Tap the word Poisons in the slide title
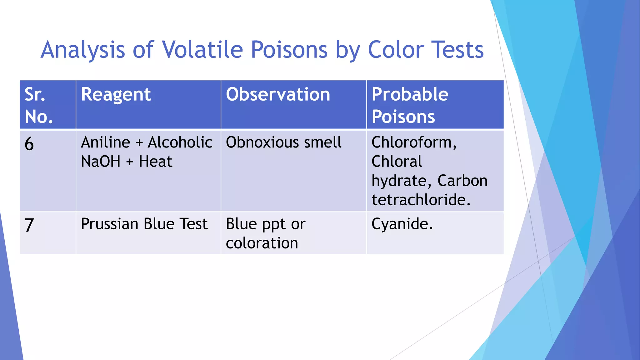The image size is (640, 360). click(289, 50)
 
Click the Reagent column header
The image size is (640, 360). click(116, 94)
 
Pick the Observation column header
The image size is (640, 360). click(278, 94)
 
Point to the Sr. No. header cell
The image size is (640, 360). click(39, 105)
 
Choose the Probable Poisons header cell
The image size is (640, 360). click(410, 105)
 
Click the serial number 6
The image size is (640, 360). click(29, 144)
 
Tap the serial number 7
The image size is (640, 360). click(29, 225)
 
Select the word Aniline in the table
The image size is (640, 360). click(105, 142)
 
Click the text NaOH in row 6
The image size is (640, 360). click(101, 162)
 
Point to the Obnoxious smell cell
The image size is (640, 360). click(283, 142)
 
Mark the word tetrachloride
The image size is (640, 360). click(421, 200)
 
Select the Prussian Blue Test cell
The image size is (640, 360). click(144, 224)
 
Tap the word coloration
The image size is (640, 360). click(262, 243)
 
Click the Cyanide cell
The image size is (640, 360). click(402, 224)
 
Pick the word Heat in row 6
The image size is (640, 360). click(155, 162)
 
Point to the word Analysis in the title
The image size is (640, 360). click(83, 50)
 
